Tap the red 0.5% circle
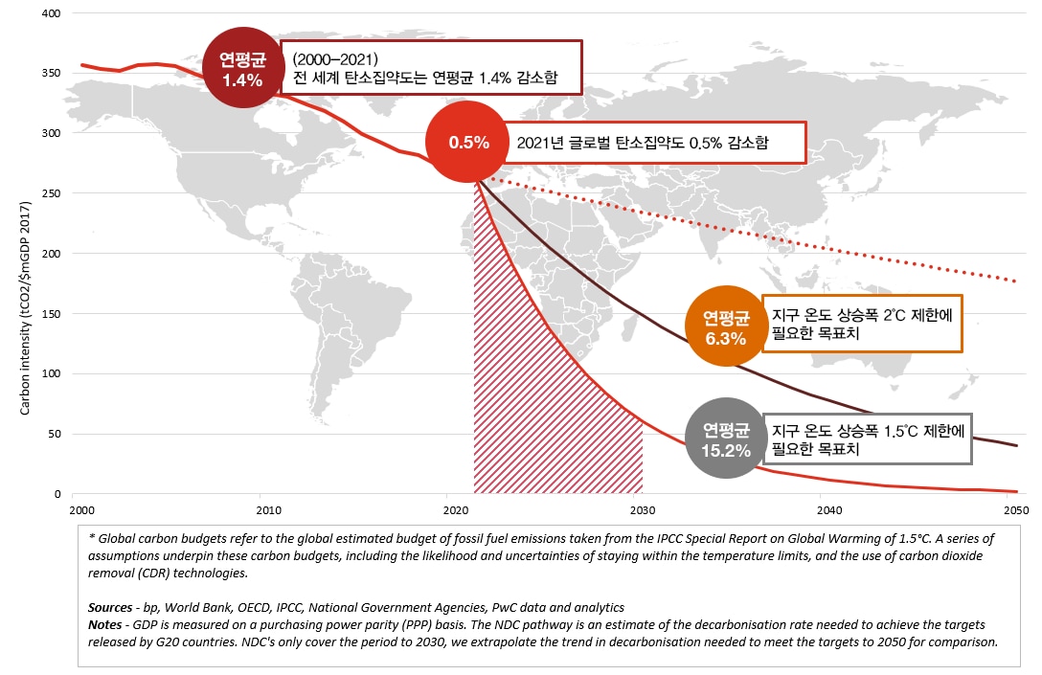coord(468,143)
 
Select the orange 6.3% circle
coord(724,326)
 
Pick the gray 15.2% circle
coord(725,438)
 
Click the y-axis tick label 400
coord(52,13)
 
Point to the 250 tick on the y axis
coord(52,193)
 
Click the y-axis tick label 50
coord(55,434)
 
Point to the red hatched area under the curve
coord(536,402)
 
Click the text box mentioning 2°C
coord(861,323)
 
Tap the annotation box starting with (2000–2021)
coord(431,66)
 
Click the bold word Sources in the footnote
coord(107,607)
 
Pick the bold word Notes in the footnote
coord(103,624)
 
